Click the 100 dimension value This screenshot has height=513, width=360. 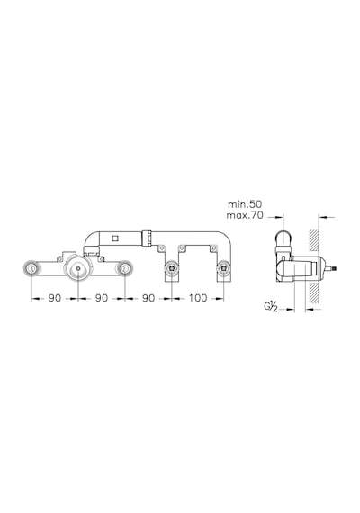197,298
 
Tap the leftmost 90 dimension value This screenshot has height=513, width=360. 55,298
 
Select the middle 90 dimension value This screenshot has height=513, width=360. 101,298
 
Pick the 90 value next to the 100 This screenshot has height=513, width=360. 148,298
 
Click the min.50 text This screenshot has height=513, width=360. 245,204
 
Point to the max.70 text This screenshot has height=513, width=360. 245,216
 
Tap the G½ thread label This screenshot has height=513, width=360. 271,307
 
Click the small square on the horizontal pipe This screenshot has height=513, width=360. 114,238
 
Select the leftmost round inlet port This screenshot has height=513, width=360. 31,268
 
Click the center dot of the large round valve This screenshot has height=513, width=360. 78,268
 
